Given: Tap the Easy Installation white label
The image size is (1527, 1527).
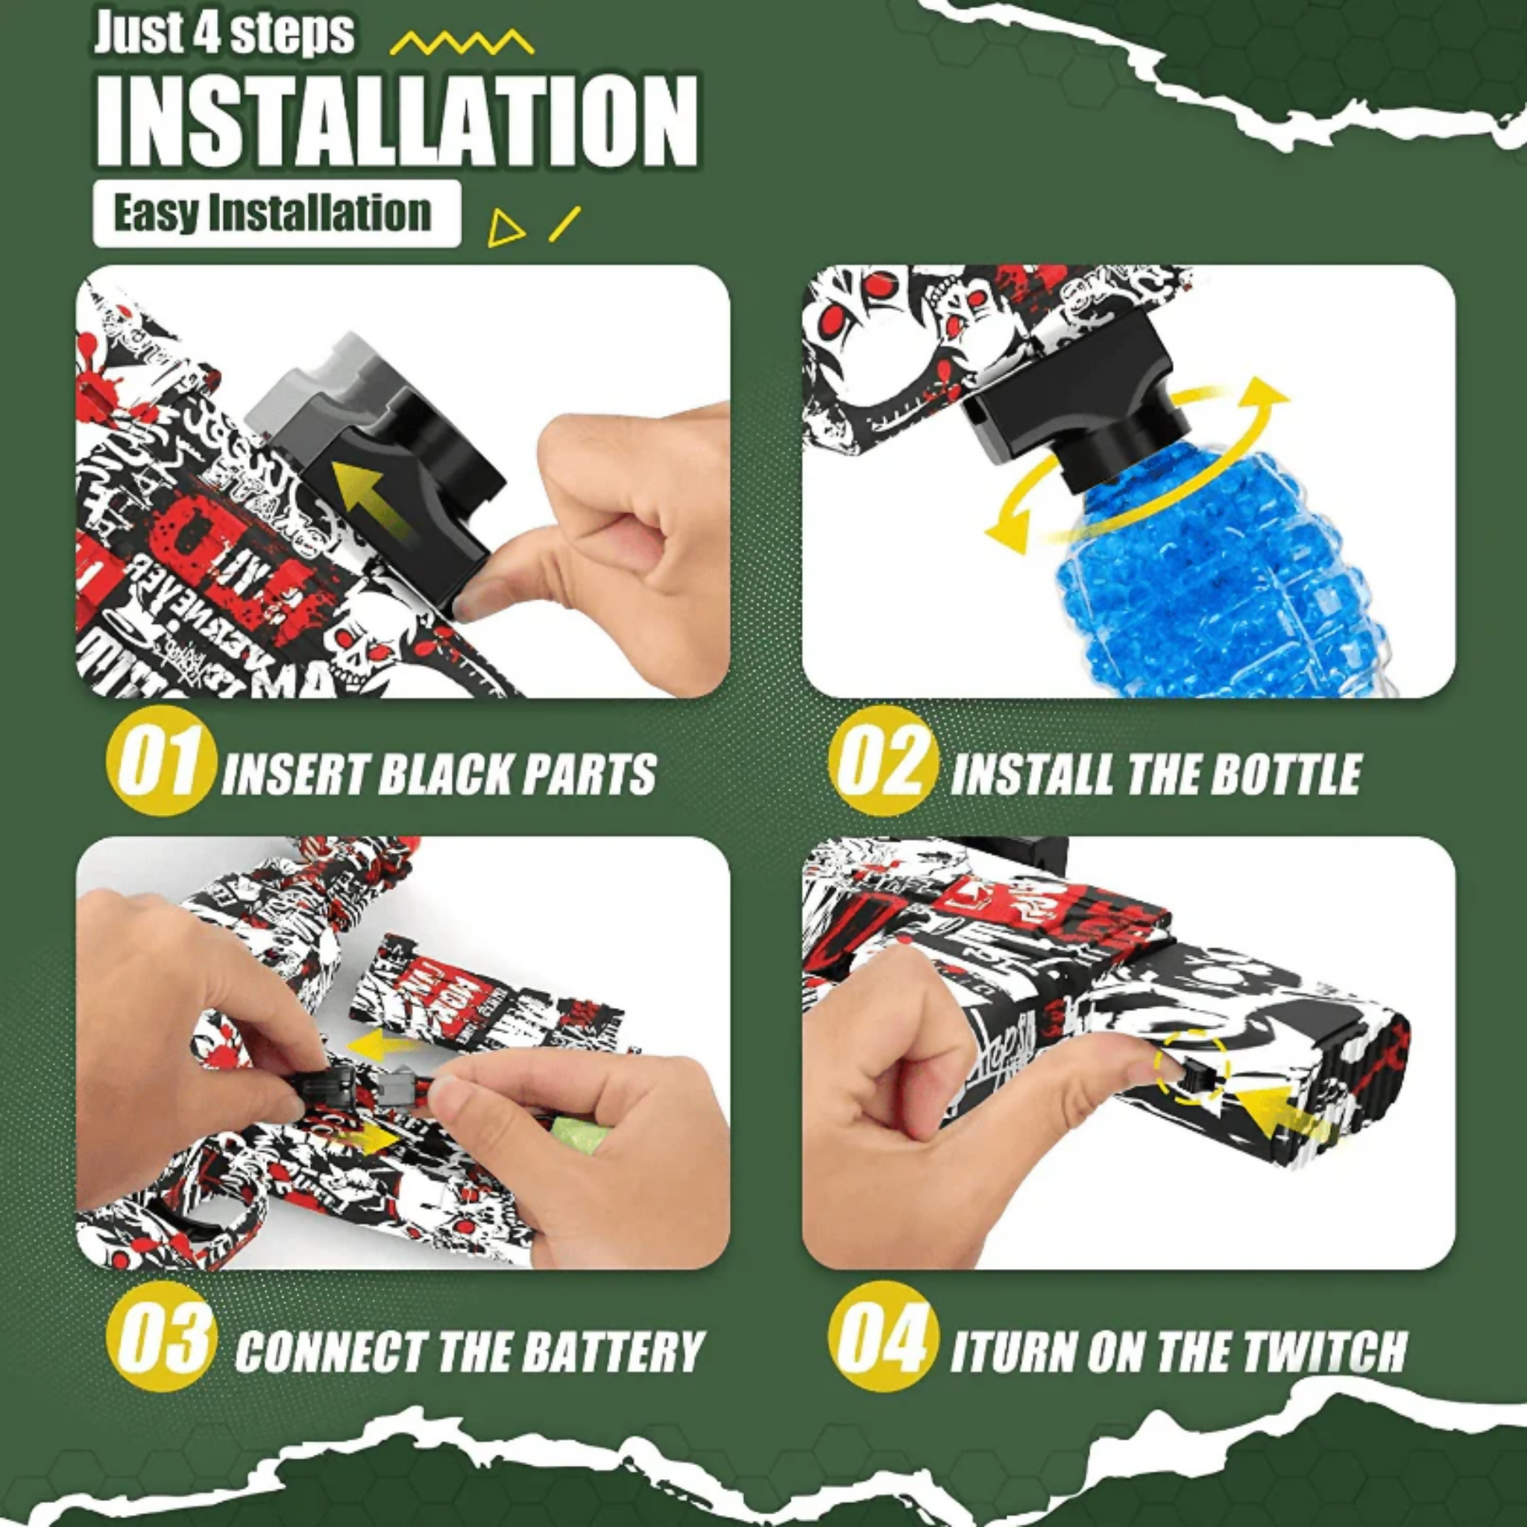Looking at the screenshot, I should (276, 213).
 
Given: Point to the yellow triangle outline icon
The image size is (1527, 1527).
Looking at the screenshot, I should (505, 229).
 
